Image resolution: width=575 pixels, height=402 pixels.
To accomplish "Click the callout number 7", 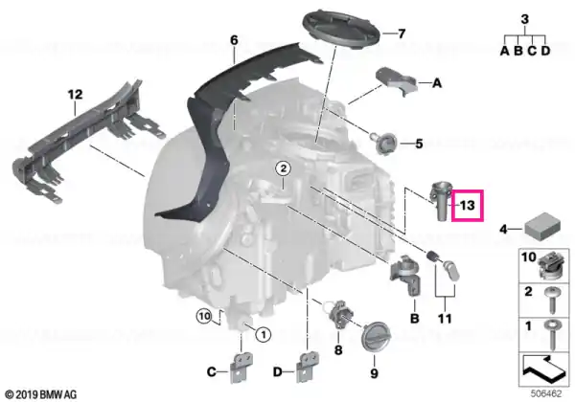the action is coord(402,33).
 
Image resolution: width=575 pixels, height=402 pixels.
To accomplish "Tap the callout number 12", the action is coord(75,95).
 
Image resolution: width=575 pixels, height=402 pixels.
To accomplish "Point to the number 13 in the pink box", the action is coord(468,206).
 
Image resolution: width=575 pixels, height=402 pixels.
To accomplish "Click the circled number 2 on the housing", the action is coord(283,168).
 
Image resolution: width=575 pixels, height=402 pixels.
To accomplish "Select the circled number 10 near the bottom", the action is coord(204,316).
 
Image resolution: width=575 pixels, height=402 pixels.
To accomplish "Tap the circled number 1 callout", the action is coord(264,334).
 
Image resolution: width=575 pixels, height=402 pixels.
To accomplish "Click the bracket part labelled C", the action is coord(240,368).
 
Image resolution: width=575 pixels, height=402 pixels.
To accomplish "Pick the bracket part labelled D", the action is coord(307,368).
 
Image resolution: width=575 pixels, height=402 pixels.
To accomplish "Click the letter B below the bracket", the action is coord(414,318).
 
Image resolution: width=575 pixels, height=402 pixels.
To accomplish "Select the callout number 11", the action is coord(445,319).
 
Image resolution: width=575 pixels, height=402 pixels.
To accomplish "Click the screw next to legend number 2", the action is coord(551,301).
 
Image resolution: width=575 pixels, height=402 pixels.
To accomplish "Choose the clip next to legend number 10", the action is coord(551,266).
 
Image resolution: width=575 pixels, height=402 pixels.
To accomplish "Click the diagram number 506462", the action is coord(546,394).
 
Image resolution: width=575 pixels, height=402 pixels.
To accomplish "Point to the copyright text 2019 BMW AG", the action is coord(41,394).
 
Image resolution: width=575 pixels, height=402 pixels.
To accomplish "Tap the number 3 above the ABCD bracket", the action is coord(525,19).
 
